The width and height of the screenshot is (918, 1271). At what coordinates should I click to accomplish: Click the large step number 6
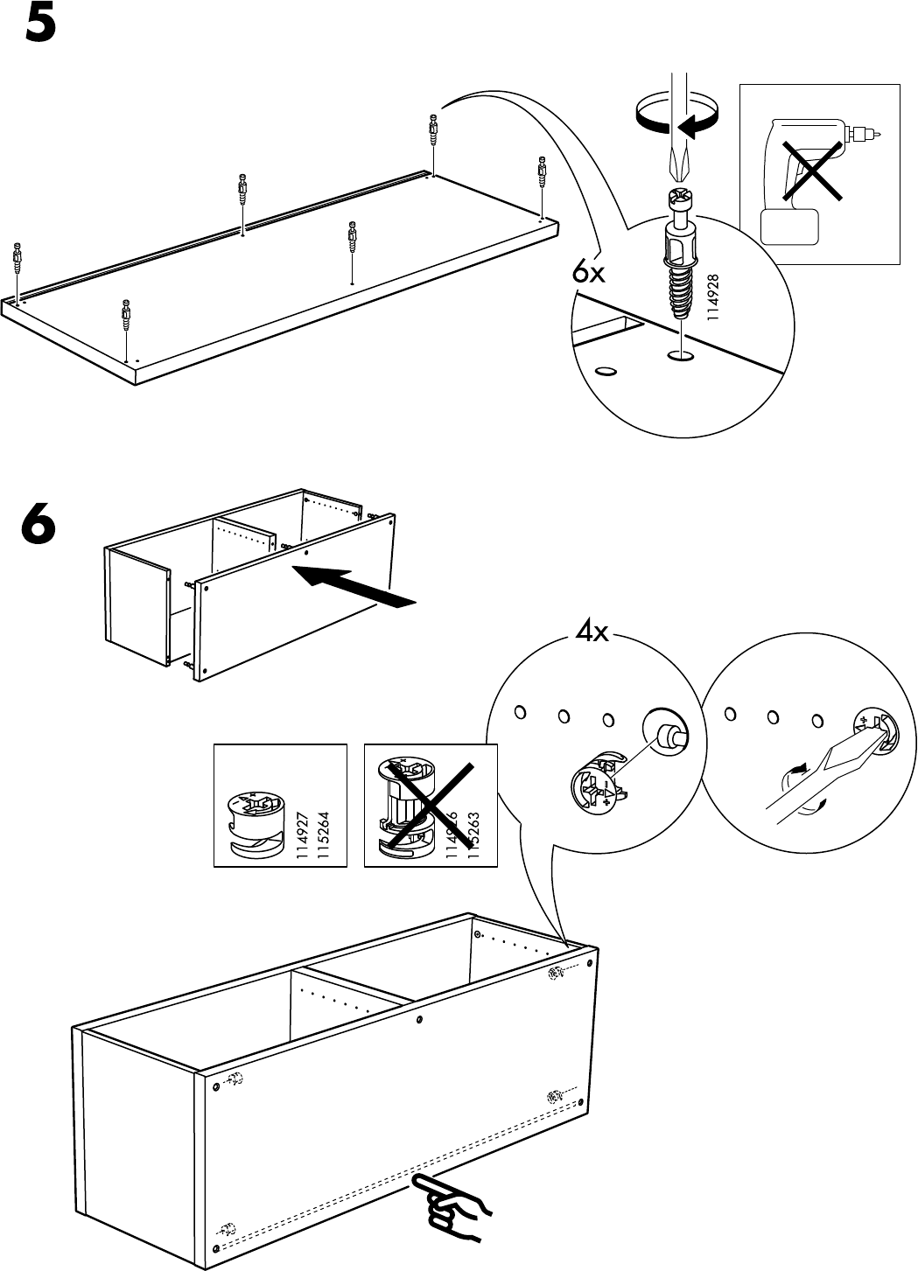tap(40, 527)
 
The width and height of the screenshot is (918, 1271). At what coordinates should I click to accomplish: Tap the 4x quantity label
tap(592, 632)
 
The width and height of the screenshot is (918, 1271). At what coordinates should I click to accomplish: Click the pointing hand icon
tap(452, 1207)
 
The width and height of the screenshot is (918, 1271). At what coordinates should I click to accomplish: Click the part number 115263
tap(473, 837)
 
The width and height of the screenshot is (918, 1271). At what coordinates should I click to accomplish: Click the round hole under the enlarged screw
tap(679, 356)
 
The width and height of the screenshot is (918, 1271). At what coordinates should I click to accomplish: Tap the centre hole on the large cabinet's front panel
tap(421, 1020)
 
